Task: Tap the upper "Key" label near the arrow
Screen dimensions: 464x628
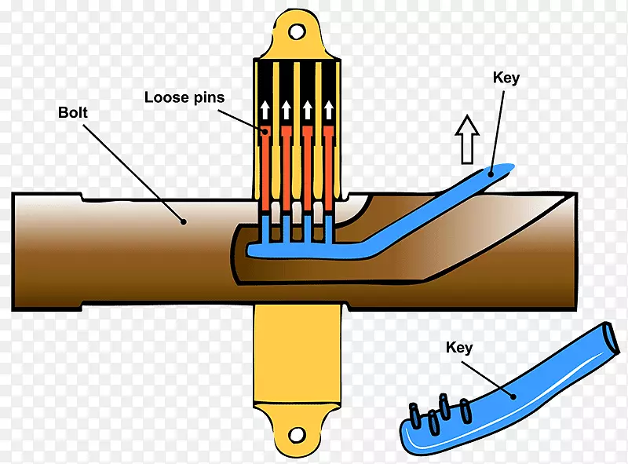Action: point(506,78)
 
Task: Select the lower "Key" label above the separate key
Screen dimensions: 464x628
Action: point(459,346)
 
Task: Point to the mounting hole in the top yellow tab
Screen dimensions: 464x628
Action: point(297,31)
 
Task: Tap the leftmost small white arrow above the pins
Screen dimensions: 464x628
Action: point(265,110)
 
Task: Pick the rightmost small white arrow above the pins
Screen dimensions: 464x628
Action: point(330,110)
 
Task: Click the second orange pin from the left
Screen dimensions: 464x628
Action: point(287,169)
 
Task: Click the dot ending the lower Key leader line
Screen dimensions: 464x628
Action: point(514,396)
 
